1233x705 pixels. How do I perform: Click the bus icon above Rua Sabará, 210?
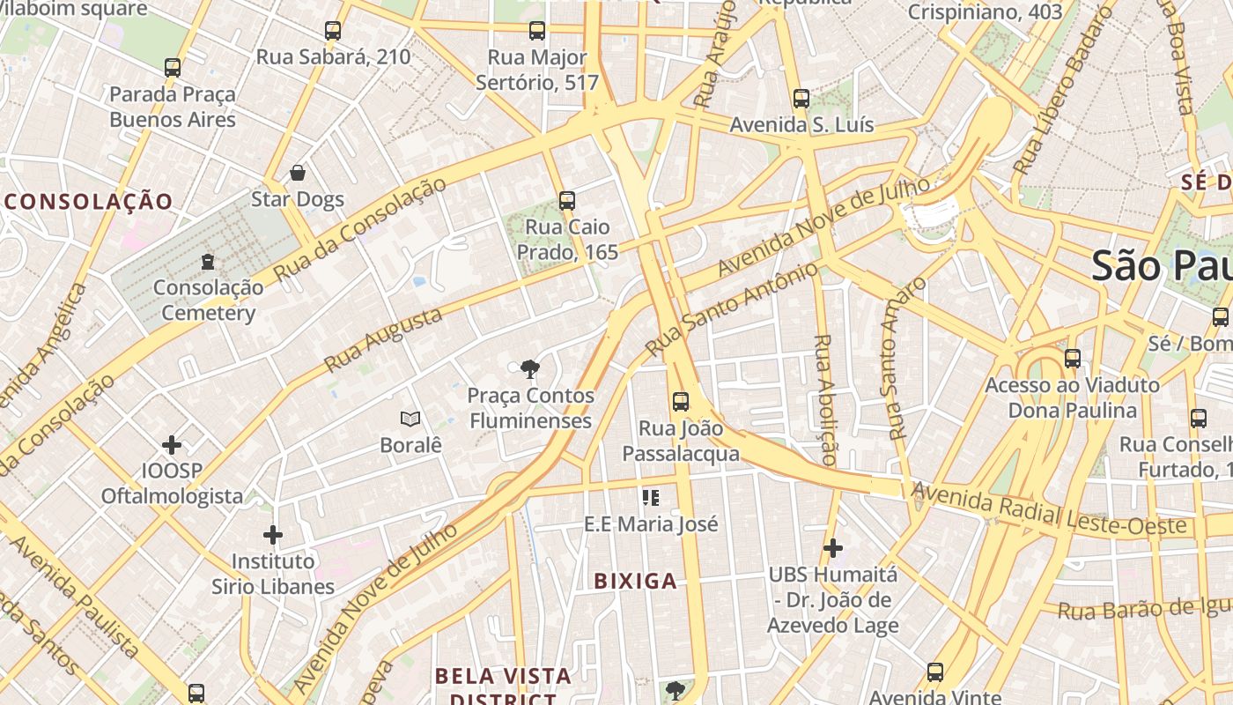pos(333,31)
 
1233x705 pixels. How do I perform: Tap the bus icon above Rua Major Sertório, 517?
pos(537,31)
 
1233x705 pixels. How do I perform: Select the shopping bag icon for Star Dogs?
pos(298,173)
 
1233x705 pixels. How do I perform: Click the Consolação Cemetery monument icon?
pos(208,261)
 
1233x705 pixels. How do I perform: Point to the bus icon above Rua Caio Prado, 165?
pos(567,201)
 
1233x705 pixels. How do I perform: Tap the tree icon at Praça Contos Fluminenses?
pos(530,368)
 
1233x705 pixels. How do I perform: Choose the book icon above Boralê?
pos(410,419)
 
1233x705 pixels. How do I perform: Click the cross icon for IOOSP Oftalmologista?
pos(172,444)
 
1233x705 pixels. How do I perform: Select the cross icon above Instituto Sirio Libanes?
pos(273,534)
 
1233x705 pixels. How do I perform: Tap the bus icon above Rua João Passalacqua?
pos(681,402)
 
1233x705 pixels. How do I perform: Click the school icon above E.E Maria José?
pos(652,498)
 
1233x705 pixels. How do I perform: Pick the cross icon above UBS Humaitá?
pos(833,548)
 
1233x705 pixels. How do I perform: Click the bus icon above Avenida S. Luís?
pos(801,99)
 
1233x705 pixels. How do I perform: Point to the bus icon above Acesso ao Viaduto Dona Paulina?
pos(1073,359)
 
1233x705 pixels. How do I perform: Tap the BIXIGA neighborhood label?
pos(636,581)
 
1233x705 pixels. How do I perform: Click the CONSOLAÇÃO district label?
pos(89,201)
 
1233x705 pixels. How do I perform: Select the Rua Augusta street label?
pos(383,340)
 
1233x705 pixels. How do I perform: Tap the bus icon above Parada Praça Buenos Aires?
pos(173,67)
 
